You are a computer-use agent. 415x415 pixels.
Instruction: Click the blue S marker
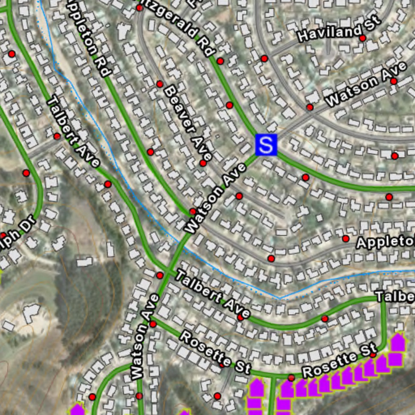[266, 145]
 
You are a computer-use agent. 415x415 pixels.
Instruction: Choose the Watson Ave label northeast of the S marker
[366, 85]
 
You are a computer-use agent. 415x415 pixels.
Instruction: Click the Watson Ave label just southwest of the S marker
[215, 199]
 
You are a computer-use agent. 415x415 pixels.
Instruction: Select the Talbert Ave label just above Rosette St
[213, 294]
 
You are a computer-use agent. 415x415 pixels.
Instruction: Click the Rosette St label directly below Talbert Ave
[215, 352]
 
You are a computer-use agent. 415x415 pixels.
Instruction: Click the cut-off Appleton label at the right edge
[385, 242]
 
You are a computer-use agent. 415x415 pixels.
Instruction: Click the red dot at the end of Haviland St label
[363, 38]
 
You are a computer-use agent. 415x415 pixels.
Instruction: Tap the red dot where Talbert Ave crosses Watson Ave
[160, 276]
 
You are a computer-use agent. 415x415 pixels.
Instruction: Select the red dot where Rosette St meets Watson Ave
[153, 324]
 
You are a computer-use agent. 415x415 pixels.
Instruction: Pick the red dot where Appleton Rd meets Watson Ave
[193, 211]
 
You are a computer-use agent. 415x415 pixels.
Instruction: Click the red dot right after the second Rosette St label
[373, 355]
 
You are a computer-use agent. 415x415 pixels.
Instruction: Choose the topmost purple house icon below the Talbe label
[398, 341]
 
